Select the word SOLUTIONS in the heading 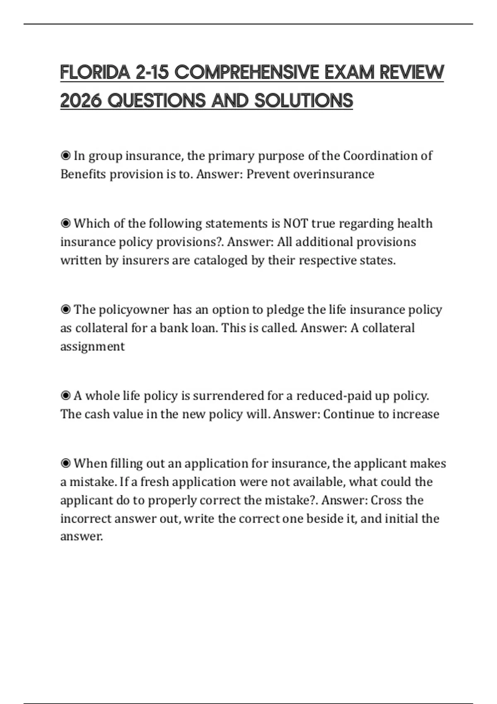click(x=304, y=101)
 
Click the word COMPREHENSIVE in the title click(x=247, y=72)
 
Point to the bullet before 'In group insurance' click(x=65, y=156)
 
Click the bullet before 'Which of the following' click(x=65, y=224)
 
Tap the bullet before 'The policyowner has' click(x=65, y=310)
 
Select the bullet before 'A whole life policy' click(x=65, y=396)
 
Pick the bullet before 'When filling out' click(x=65, y=463)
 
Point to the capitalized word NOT click(x=295, y=224)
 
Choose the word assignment click(x=92, y=346)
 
